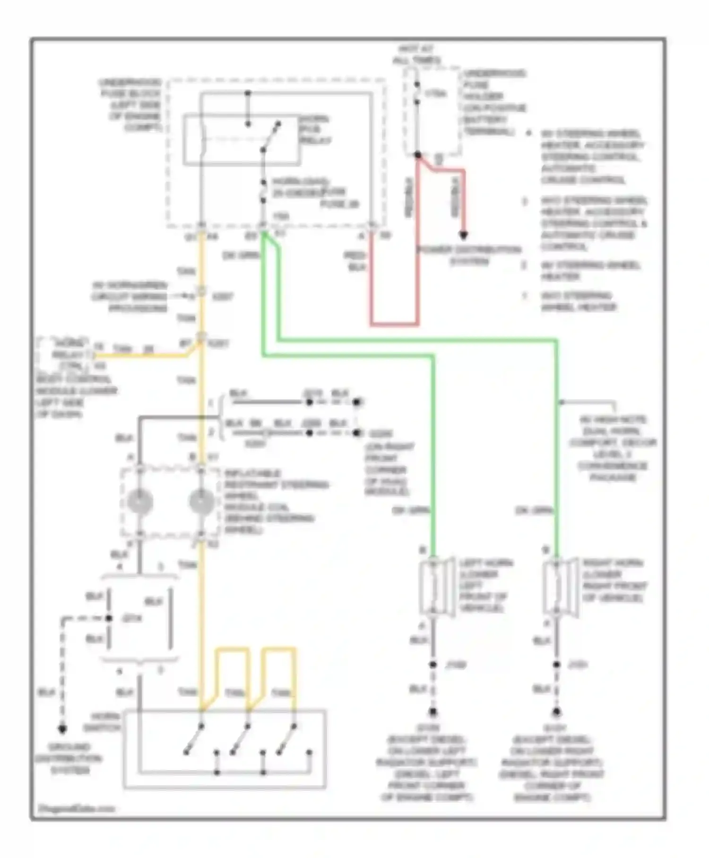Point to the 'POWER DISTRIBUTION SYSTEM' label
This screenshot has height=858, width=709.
pos(468,255)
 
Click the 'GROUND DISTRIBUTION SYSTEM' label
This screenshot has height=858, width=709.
pos(69,759)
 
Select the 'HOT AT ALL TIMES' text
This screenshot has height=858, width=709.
pos(416,54)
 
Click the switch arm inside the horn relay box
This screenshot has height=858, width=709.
pos(271,137)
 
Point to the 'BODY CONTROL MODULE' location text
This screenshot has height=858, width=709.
pos(76,396)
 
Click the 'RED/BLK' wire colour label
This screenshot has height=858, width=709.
pos(355,261)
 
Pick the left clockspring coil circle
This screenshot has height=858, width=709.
pos(140,501)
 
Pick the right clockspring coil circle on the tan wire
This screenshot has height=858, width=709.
pos(201,501)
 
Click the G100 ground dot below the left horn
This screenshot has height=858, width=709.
pos(433,711)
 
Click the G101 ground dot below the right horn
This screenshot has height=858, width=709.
pos(556,711)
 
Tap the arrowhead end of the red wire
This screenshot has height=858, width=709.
pos(464,235)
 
